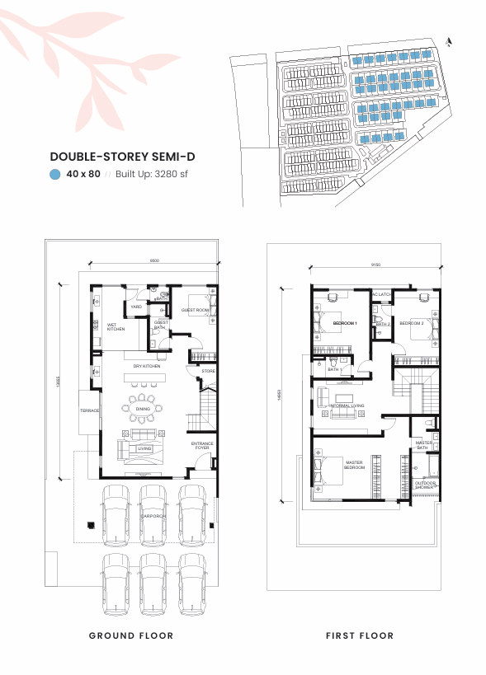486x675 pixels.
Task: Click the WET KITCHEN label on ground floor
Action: click(116, 327)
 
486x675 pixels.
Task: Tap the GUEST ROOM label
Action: click(195, 310)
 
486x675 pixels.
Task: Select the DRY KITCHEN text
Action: click(146, 366)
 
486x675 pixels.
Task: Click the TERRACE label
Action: click(89, 410)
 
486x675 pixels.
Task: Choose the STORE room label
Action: click(209, 372)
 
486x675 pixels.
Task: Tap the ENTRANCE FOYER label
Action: click(202, 447)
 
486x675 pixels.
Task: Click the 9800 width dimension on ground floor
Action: click(154, 260)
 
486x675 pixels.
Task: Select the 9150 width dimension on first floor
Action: click(375, 265)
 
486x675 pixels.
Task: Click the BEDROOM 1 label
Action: click(344, 324)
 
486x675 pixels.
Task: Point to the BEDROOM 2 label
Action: click(411, 324)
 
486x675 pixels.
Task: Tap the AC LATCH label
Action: click(381, 295)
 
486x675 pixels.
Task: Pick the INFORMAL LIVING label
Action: click(347, 406)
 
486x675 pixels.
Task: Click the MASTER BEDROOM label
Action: click(354, 466)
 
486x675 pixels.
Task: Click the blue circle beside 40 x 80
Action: click(54, 174)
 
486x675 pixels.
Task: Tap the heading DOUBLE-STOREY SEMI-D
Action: click(122, 156)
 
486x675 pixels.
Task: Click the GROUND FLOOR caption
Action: click(131, 635)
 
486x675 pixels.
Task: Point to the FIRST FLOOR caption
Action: click(359, 635)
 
